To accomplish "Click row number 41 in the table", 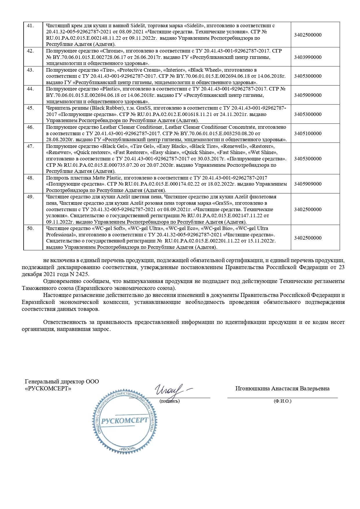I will click(x=30, y=26).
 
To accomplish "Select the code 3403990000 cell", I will click(x=307, y=57).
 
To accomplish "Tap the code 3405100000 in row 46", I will click(x=307, y=133).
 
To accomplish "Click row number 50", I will click(x=30, y=229).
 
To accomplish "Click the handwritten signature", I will click(x=171, y=390).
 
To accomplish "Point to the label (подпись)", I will click(x=169, y=401).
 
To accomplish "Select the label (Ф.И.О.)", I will click(x=282, y=401).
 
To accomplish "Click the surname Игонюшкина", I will click(x=252, y=389).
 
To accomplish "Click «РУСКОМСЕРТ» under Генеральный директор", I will click(x=48, y=389).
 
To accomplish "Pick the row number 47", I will click(x=30, y=146).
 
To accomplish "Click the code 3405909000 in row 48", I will click(x=307, y=184).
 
